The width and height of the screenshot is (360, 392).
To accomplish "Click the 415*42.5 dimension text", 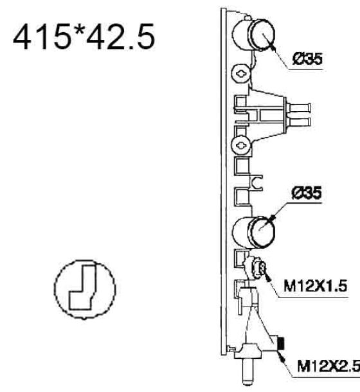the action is coord(84,37).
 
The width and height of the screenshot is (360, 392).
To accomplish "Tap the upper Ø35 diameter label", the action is coord(307,59).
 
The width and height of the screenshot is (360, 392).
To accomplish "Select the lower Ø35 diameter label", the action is coord(307,193).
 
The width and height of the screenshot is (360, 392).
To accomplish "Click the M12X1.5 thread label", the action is coord(316,286).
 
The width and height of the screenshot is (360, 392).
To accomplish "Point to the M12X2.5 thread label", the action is coord(328,366).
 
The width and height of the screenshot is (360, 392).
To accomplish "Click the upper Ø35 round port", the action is coord(262,35).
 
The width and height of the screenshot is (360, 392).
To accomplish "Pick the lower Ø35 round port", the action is coord(262,232).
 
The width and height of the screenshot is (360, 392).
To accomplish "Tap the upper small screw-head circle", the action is coord(241,74).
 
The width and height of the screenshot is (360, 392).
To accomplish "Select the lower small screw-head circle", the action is coord(241,145).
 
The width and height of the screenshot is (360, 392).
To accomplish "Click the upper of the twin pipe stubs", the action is coord(300,108).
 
